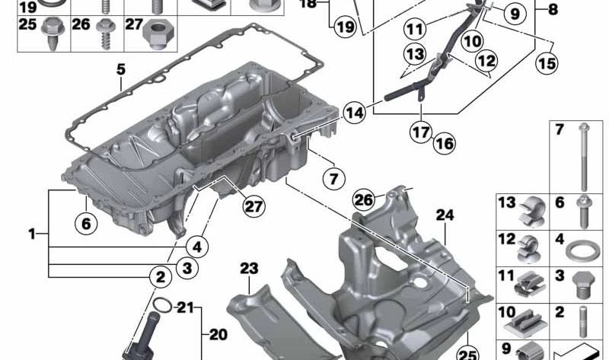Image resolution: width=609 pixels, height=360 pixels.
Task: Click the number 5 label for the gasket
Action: [120, 69]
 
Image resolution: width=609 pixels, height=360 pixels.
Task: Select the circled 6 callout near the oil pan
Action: [87, 223]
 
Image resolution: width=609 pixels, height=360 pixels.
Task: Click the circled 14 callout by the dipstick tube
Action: [353, 113]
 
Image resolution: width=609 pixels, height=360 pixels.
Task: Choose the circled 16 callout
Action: [445, 142]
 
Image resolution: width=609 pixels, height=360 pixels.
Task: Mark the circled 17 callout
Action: [422, 132]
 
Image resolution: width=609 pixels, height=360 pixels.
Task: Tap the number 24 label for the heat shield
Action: [445, 215]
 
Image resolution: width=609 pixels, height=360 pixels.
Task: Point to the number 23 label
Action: [250, 268]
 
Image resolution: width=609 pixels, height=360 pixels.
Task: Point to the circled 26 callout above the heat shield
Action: [364, 200]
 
